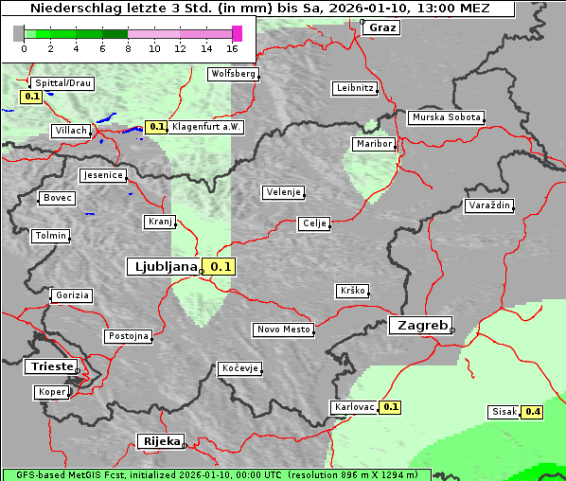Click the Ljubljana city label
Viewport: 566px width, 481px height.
click(163, 267)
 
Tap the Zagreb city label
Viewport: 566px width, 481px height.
click(419, 325)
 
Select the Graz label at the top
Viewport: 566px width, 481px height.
click(382, 27)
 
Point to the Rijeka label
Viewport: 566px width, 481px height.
click(160, 441)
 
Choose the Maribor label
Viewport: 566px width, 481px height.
click(373, 144)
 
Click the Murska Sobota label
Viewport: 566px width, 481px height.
click(446, 118)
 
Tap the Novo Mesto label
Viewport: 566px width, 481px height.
click(283, 330)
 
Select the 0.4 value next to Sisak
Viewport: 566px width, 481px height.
click(533, 412)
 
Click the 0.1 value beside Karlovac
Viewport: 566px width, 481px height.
click(390, 407)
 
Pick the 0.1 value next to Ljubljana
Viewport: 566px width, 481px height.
click(221, 267)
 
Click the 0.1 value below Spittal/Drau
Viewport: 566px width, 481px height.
click(31, 97)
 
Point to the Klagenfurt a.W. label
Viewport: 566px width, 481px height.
click(206, 127)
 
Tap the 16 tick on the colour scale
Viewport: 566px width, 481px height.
click(232, 48)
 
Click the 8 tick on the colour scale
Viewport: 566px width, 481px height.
click(128, 48)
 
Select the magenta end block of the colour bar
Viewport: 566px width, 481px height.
click(237, 33)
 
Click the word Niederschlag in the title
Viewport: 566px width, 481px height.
click(68, 9)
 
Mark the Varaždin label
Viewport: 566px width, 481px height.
click(489, 205)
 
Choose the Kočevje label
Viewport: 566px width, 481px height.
click(239, 368)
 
